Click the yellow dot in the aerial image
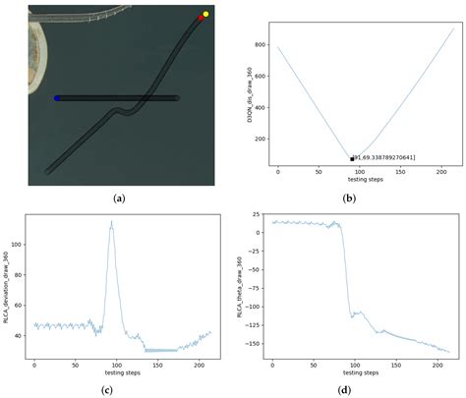(205, 15)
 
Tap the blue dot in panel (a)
(57, 98)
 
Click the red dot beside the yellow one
(201, 19)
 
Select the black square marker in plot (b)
(352, 158)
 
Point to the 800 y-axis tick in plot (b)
(260, 45)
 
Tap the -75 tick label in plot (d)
(259, 288)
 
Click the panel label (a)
(119, 198)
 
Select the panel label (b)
(349, 198)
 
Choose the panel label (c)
(119, 388)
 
